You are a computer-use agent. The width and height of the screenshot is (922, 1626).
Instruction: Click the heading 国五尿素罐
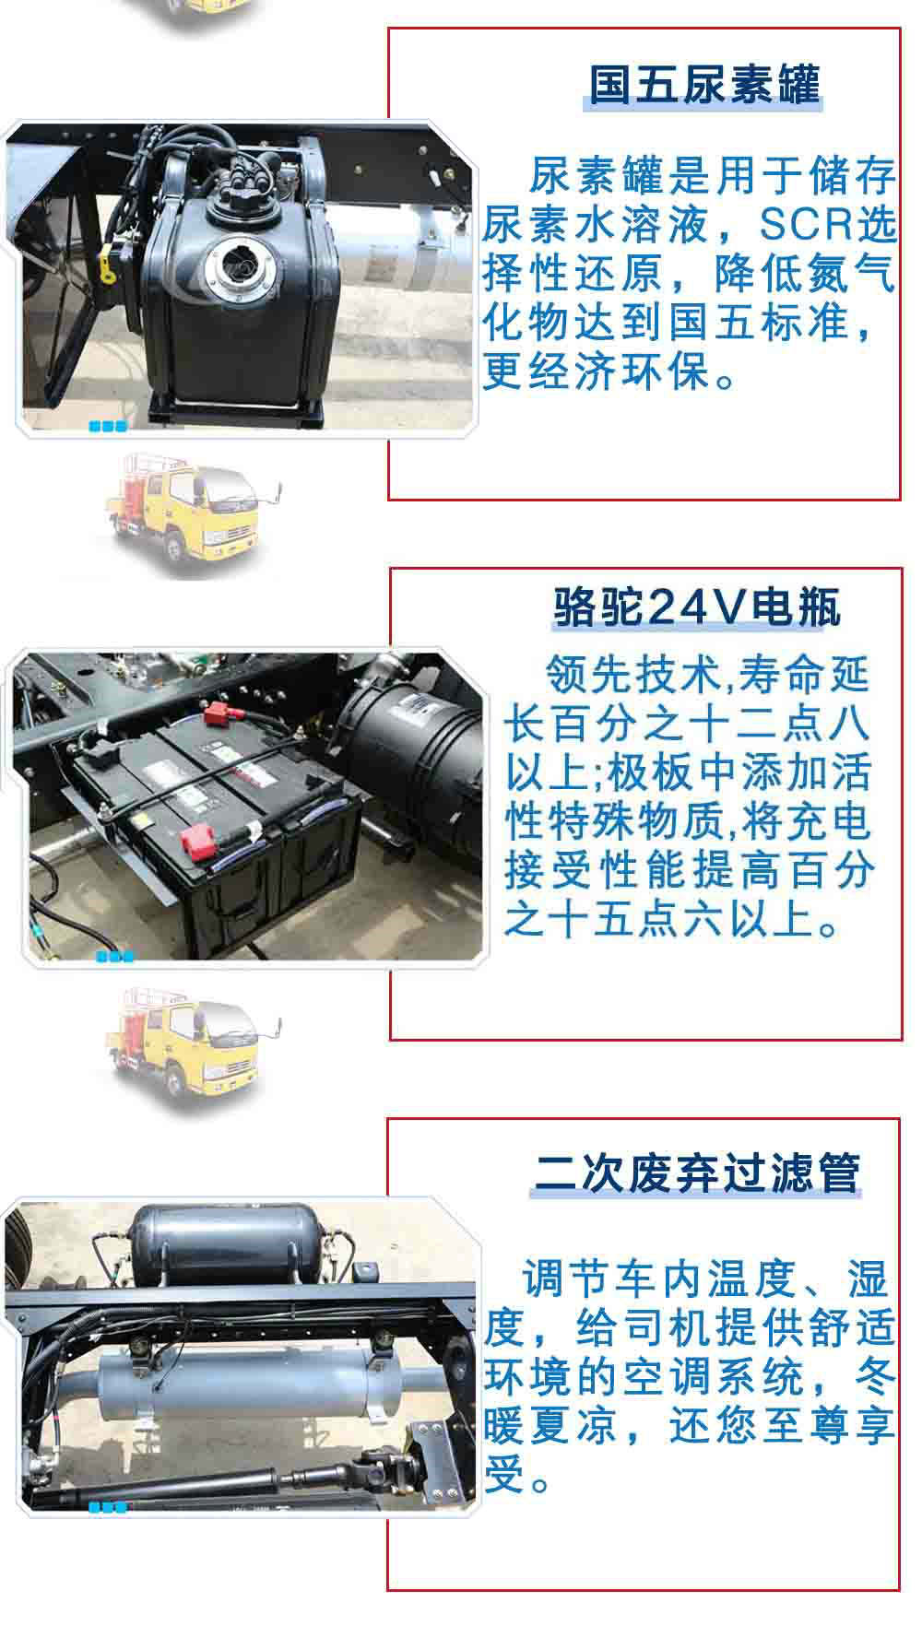[x=705, y=86]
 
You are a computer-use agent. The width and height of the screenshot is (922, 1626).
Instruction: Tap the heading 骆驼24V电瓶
[x=697, y=607]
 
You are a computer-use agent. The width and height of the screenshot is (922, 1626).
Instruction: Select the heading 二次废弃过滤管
[x=697, y=1172]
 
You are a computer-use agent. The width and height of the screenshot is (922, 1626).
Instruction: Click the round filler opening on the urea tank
[x=239, y=261]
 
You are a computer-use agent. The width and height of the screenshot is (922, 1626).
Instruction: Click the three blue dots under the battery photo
[x=115, y=956]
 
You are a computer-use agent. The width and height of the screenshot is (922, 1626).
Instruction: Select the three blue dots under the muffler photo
[x=108, y=1507]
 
